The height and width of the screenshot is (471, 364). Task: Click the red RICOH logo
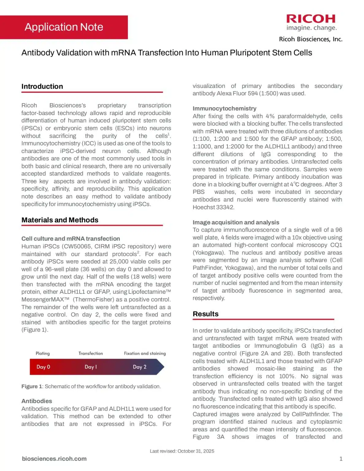click(x=311, y=19)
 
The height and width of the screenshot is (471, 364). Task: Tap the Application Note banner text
click(x=64, y=27)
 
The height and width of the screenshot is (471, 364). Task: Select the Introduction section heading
click(x=42, y=86)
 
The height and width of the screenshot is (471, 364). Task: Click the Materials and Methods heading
click(x=60, y=220)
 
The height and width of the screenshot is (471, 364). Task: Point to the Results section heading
click(x=205, y=314)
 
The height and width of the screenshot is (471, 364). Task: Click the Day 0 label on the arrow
click(x=43, y=367)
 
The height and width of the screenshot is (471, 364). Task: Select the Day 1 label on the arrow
click(x=90, y=367)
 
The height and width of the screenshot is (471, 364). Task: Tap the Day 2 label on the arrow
click(x=140, y=367)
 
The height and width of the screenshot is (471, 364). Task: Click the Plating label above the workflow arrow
click(x=43, y=353)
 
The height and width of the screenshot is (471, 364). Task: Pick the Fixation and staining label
click(x=145, y=353)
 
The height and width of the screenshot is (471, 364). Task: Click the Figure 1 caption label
click(x=32, y=386)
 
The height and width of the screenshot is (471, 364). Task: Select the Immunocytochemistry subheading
click(x=224, y=109)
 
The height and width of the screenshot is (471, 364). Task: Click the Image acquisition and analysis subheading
click(x=236, y=222)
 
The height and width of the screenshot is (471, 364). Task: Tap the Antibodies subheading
click(x=36, y=401)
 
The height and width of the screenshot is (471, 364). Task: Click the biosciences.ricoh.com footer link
click(x=54, y=459)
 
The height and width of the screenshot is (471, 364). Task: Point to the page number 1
click(x=341, y=459)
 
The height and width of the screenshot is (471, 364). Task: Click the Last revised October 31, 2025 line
click(x=182, y=451)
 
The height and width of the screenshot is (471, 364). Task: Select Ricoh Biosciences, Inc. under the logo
click(x=310, y=39)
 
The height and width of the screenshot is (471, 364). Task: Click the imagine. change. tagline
click(x=311, y=28)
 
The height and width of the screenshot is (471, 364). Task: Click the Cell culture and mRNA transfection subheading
click(x=71, y=239)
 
